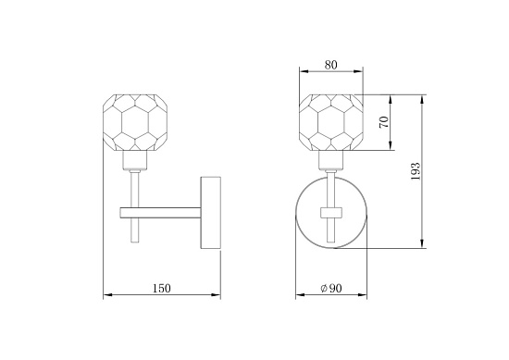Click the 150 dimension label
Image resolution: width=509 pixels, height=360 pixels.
coord(161,288)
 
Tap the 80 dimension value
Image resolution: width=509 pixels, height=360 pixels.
coord(330,65)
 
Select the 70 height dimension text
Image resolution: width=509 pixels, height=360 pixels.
coord(384,122)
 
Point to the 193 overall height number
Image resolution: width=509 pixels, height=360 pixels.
coord(416,171)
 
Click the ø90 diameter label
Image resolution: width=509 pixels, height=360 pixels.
coord(330,288)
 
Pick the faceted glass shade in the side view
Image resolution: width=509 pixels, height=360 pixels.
coord(135,122)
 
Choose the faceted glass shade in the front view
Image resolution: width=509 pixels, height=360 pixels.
coord(330,122)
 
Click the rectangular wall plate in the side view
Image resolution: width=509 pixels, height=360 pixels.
coord(211,213)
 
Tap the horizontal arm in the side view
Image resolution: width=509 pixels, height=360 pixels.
coord(160,213)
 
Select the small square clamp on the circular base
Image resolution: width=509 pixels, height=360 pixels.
coord(331,213)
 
